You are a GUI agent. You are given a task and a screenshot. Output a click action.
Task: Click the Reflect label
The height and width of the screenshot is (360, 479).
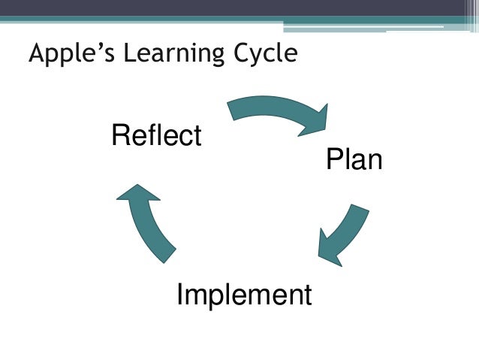tap(156, 136)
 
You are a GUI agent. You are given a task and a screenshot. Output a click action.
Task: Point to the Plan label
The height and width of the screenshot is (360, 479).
tap(354, 160)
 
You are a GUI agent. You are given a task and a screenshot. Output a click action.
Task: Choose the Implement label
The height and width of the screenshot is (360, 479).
tap(243, 295)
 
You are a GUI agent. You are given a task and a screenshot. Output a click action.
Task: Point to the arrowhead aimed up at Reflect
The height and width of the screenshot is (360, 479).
tap(138, 194)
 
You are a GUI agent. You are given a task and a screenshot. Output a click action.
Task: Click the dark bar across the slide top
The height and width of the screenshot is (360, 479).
tap(239, 8)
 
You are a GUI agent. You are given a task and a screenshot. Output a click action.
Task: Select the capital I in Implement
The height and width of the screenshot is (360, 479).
tap(180, 295)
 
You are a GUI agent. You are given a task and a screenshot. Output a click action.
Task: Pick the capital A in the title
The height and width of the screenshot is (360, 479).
tap(35, 54)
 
